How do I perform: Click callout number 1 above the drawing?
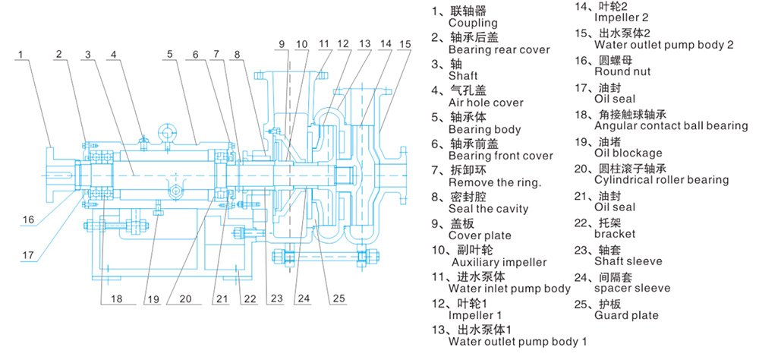tap(23, 54)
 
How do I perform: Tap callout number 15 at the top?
tap(406, 44)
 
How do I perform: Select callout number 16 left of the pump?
tap(28, 219)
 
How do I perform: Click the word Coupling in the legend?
tap(472, 22)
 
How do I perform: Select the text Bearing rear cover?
tap(499, 49)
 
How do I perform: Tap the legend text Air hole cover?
tap(486, 103)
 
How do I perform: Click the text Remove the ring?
tap(495, 182)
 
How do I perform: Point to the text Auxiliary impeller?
tap(497, 262)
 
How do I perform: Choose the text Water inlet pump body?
tap(509, 289)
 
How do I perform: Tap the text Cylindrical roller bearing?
tap(662, 180)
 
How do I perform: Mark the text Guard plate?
tap(623, 315)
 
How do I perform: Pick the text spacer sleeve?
tap(632, 289)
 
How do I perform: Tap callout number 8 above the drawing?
tap(238, 54)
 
